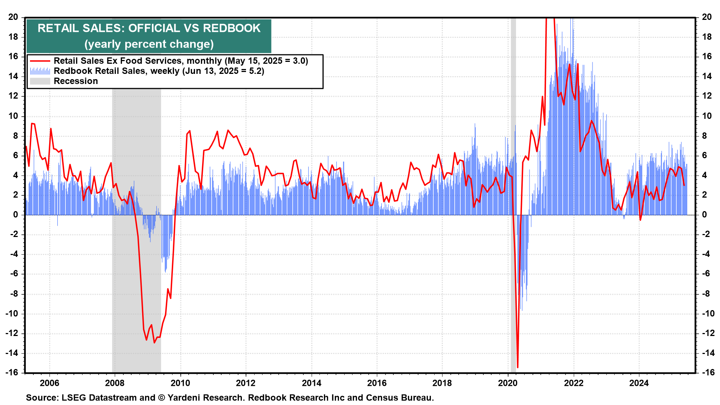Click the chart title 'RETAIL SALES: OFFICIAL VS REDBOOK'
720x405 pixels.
click(x=149, y=28)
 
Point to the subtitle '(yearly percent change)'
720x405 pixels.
click(x=149, y=44)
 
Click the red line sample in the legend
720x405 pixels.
click(x=40, y=61)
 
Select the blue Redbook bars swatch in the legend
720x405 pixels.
click(x=40, y=71)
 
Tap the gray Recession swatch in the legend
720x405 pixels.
click(x=40, y=81)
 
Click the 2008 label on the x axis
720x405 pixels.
click(x=115, y=383)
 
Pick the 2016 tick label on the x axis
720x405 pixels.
click(x=377, y=383)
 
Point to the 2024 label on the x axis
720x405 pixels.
click(x=639, y=383)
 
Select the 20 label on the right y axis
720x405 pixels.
click(x=706, y=17)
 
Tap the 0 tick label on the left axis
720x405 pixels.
click(x=15, y=214)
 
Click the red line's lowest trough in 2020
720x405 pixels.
click(x=517, y=367)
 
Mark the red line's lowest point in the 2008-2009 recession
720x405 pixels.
click(x=154, y=342)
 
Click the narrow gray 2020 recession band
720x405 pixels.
click(x=513, y=187)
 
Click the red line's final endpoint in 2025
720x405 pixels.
click(x=684, y=185)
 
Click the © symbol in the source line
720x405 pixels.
click(x=161, y=397)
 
